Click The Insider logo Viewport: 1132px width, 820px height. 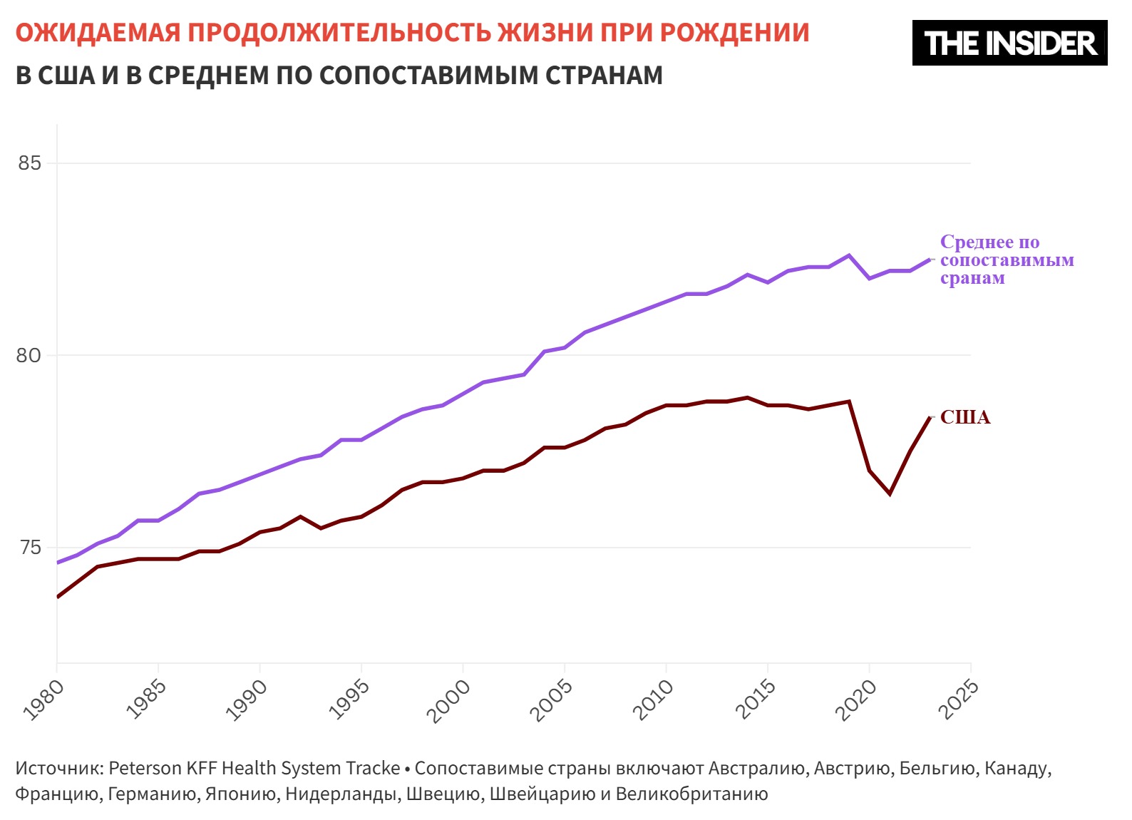[x=1009, y=43]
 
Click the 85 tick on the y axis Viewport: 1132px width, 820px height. [x=29, y=163]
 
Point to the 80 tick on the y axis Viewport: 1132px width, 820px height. [x=29, y=355]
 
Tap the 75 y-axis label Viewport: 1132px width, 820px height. [x=29, y=548]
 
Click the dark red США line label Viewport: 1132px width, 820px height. [x=965, y=418]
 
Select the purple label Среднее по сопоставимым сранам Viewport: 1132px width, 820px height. [x=1006, y=260]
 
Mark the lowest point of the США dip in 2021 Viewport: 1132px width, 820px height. [x=890, y=493]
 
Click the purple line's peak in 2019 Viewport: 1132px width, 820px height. [x=849, y=255]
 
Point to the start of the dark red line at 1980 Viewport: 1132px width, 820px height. [x=58, y=597]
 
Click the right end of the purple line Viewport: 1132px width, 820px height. [x=930, y=260]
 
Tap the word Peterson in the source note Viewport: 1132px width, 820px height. [x=145, y=768]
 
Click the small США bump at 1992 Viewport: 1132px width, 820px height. [x=301, y=516]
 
